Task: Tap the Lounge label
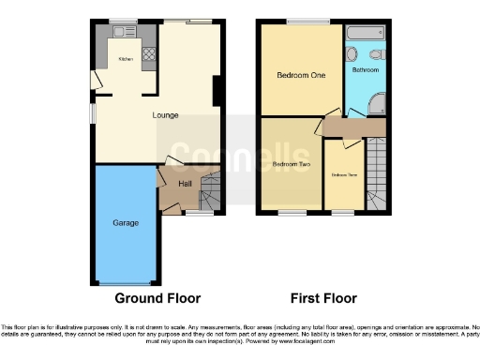point(166,115)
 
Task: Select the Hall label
point(185,185)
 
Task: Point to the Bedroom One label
point(300,77)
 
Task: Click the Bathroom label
point(365,70)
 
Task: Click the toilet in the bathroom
point(379,54)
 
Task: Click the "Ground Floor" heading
point(157,299)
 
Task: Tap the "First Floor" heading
point(323,299)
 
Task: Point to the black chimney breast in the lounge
point(217,91)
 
